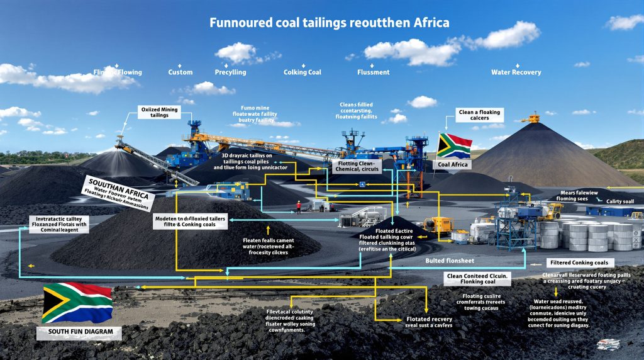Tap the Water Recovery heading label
(516, 72)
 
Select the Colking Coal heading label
(302, 72)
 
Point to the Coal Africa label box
(451, 165)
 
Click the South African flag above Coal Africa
(454, 145)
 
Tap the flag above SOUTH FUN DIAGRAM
(77, 303)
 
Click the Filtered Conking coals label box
(573, 262)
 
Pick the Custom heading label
(180, 72)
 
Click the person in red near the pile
(299, 211)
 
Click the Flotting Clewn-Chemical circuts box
(357, 166)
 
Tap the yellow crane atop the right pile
(532, 117)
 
